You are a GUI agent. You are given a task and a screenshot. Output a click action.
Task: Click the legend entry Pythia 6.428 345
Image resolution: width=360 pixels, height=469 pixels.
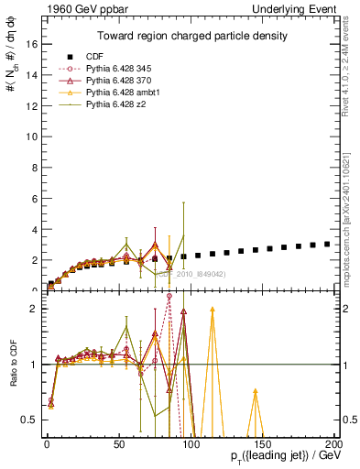(x=110, y=68)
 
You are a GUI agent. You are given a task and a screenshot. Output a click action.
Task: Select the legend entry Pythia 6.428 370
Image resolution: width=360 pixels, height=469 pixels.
(x=110, y=80)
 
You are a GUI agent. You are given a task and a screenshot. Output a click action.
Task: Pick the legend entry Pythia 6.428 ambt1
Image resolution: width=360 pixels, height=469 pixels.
(x=113, y=92)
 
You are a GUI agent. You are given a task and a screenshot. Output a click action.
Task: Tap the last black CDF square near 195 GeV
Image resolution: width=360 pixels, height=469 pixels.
(x=327, y=244)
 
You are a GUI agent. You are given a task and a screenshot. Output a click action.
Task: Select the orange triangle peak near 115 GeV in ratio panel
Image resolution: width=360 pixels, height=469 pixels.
(x=212, y=310)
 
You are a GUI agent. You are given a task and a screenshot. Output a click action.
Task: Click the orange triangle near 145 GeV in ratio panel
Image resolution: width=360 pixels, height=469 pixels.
(x=255, y=391)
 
